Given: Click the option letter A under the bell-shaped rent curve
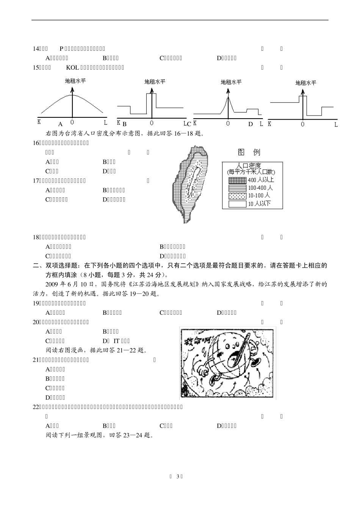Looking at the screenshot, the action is click(x=60, y=124).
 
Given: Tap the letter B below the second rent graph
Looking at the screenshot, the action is click(x=124, y=124).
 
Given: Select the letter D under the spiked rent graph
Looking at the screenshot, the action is click(x=250, y=124).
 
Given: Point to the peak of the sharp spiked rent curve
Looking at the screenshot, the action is click(x=228, y=98).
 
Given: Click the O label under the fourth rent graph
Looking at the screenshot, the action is click(x=302, y=124).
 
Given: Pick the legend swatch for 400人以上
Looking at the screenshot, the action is click(x=237, y=180).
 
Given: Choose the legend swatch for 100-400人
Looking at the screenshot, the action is click(x=237, y=188).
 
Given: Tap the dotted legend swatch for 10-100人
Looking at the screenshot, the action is click(x=237, y=196).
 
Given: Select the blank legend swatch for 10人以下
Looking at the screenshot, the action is click(x=237, y=204).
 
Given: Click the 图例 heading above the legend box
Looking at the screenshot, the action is click(x=249, y=152).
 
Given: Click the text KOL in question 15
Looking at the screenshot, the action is click(x=72, y=68).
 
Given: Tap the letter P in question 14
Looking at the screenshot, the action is click(x=61, y=48).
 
